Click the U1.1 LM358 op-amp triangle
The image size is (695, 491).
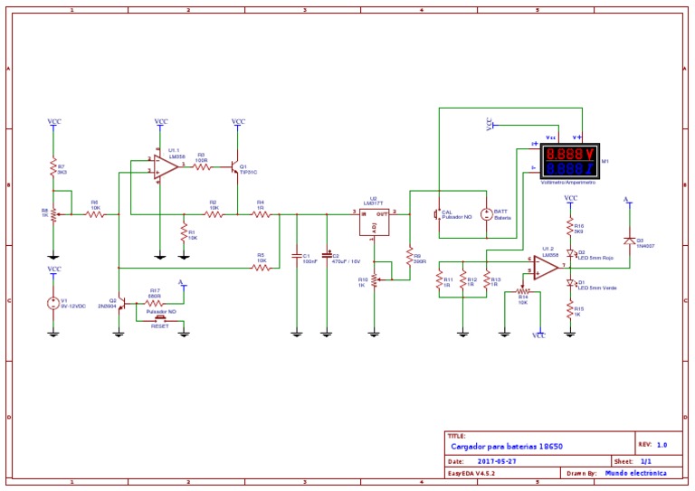[x=165, y=166]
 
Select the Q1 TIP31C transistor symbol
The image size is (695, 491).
[x=235, y=167]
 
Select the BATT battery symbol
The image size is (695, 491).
[x=487, y=214]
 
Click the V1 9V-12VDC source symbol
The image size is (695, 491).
[x=53, y=303]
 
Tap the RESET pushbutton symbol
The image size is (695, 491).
[x=160, y=318]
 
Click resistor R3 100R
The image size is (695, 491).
[x=201, y=166]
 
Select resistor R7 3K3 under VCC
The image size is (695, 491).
[x=53, y=168]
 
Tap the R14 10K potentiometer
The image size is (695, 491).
[x=521, y=292]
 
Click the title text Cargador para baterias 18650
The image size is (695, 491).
[x=507, y=446]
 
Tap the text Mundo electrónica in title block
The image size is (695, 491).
[x=636, y=472]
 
